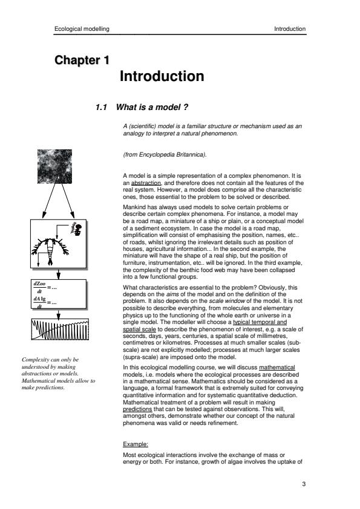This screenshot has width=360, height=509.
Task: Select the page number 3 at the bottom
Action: pyautogui.click(x=304, y=484)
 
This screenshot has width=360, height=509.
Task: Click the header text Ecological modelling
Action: pyautogui.click(x=82, y=29)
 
